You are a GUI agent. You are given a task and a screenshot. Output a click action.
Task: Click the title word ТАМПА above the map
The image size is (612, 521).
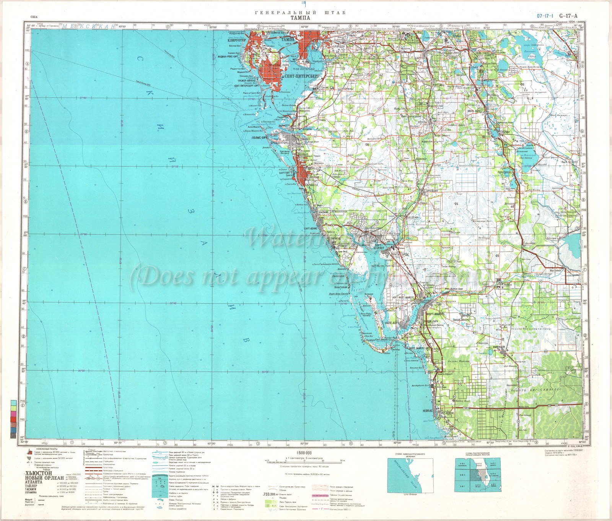[x=300, y=18]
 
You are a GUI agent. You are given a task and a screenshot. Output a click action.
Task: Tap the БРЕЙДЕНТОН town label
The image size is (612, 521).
[x=279, y=142]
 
